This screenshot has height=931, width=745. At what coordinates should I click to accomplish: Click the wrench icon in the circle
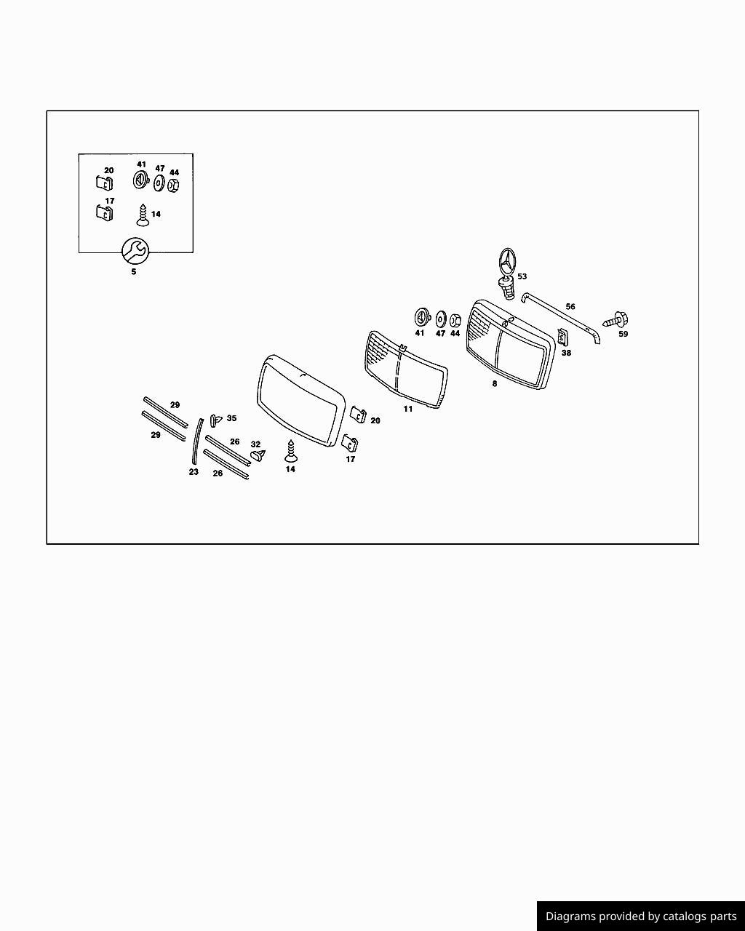(x=135, y=250)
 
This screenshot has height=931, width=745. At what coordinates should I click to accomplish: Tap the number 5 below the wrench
(x=134, y=272)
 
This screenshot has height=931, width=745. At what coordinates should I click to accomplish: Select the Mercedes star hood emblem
(x=508, y=273)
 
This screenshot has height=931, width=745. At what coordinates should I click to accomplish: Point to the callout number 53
(x=522, y=276)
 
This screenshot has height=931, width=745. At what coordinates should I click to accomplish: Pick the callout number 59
(x=623, y=334)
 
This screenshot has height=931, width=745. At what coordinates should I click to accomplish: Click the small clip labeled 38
(x=563, y=337)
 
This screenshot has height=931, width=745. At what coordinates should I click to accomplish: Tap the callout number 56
(x=570, y=307)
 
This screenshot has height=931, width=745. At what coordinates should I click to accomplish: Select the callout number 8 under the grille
(x=495, y=384)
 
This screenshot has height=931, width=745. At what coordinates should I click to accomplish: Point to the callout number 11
(x=407, y=409)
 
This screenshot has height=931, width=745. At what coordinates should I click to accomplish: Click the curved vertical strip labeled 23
(x=197, y=441)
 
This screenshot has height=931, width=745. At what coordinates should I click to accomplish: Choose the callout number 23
(x=194, y=472)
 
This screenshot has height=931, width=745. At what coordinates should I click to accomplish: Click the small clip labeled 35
(x=215, y=420)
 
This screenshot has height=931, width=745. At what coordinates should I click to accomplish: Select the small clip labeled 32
(x=258, y=455)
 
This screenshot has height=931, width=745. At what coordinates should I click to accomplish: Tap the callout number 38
(x=566, y=353)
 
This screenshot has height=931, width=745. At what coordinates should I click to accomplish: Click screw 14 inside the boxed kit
(x=143, y=215)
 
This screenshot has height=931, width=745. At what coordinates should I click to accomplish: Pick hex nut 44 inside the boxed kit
(x=174, y=185)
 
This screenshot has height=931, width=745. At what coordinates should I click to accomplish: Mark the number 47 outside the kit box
(x=440, y=334)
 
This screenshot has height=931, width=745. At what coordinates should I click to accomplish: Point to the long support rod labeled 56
(x=561, y=318)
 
